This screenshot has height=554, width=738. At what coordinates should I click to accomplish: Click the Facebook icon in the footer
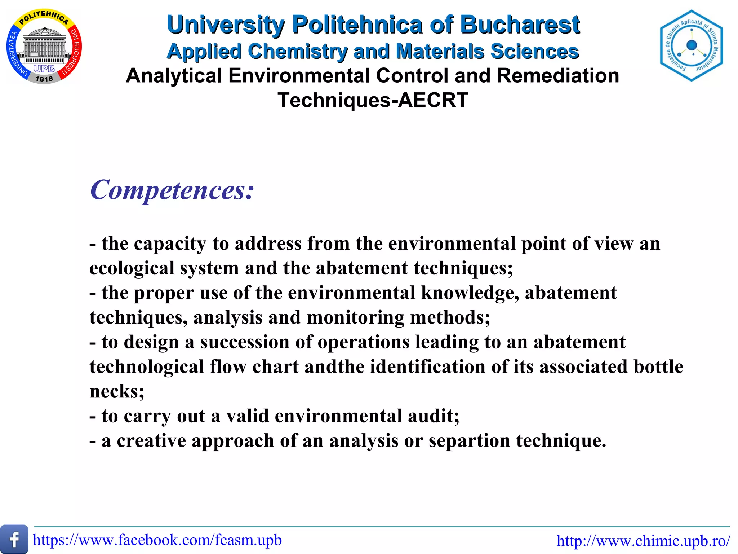coord(14,539)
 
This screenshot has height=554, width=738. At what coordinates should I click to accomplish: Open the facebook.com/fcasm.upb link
coord(157,540)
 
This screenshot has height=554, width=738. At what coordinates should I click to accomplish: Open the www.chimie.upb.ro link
coord(644,541)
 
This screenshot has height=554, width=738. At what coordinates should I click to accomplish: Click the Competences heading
coord(172,190)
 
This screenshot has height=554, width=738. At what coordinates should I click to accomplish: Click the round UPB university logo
coord(44,47)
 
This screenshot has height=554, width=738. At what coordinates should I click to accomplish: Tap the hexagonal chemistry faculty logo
coord(691,45)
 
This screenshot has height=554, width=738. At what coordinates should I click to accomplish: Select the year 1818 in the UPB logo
coord(44,79)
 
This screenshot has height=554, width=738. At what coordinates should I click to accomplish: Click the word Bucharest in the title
coord(520,25)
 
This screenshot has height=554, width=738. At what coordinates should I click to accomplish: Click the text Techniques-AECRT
coord(373,100)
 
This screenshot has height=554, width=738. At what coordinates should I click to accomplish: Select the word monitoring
coord(355,317)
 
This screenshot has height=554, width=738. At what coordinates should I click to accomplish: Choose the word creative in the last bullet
coord(151,441)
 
